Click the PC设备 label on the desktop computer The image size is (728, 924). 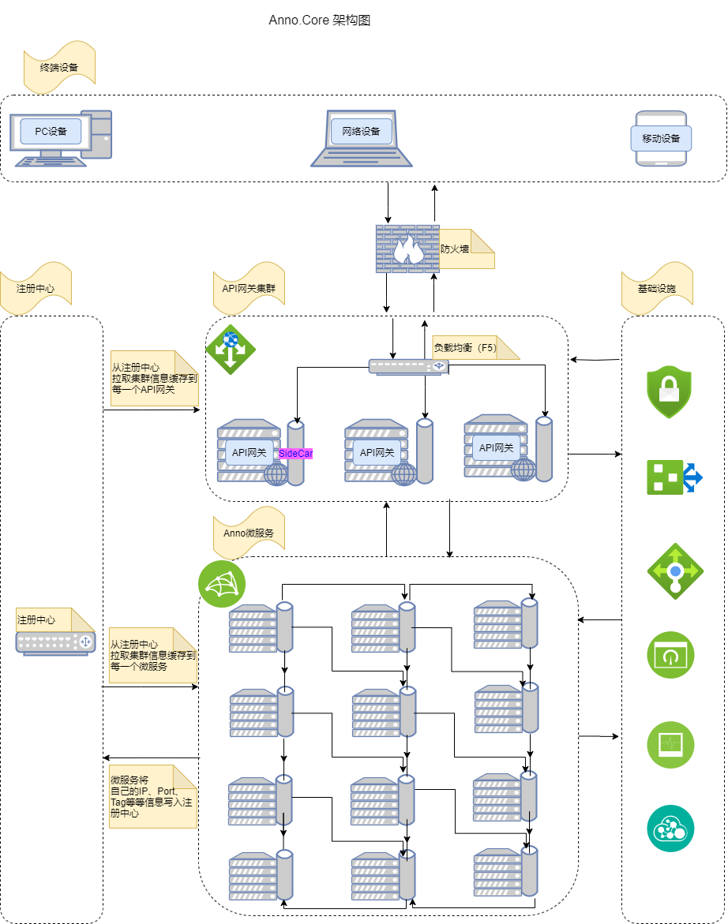51,131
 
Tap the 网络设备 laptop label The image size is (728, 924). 361,131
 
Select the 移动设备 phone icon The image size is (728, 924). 662,139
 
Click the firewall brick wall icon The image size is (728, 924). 407,249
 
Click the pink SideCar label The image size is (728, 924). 296,454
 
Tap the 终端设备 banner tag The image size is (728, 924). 59,67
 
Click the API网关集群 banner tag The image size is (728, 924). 249,289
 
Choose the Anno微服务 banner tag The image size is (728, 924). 249,533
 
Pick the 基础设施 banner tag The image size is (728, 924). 657,289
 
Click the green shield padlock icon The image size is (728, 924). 669,391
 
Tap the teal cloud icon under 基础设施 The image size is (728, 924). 670,829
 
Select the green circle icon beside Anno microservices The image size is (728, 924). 222,585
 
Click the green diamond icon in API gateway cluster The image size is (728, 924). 230,348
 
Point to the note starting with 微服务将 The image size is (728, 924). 152,796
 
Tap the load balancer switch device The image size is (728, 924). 408,367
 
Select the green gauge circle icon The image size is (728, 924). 670,654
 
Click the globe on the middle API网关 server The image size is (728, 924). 404,473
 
